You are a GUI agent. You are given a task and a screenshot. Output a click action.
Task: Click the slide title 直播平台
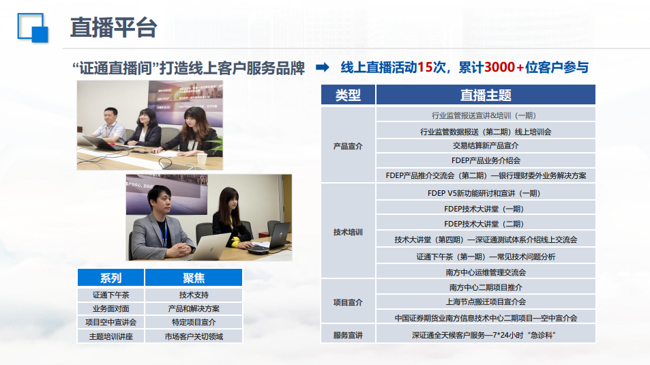pyautogui.click(x=114, y=28)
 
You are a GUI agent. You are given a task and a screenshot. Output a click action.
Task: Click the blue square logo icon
pyautogui.click(x=33, y=28)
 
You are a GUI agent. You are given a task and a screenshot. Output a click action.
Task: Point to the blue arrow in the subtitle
pyautogui.click(x=323, y=67)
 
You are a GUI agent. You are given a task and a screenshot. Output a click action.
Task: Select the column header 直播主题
pyautogui.click(x=486, y=95)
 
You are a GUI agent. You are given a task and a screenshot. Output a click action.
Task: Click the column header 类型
pyautogui.click(x=348, y=95)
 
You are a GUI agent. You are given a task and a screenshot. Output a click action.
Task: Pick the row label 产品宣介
pyautogui.click(x=348, y=146)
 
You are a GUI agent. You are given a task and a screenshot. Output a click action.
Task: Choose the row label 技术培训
pyautogui.click(x=348, y=232)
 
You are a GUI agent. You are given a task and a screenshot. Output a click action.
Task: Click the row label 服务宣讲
pyautogui.click(x=348, y=335)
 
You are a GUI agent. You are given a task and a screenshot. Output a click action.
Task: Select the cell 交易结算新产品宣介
pyautogui.click(x=486, y=145)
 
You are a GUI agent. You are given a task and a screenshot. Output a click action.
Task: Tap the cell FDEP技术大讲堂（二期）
pyautogui.click(x=486, y=224)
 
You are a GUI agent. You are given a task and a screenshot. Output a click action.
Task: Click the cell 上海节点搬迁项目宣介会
pyautogui.click(x=486, y=302)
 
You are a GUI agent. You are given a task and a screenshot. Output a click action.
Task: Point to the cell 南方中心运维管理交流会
pyautogui.click(x=486, y=272)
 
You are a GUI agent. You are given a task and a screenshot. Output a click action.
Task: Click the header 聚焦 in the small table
pyautogui.click(x=194, y=278)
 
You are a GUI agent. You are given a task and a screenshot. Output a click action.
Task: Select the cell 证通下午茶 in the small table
pyautogui.click(x=110, y=295)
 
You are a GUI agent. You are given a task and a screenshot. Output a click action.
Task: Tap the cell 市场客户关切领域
pyautogui.click(x=194, y=336)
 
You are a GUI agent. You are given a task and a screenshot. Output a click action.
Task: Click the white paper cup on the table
pyautogui.click(x=202, y=159)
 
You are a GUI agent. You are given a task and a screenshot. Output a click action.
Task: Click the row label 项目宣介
pyautogui.click(x=348, y=302)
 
